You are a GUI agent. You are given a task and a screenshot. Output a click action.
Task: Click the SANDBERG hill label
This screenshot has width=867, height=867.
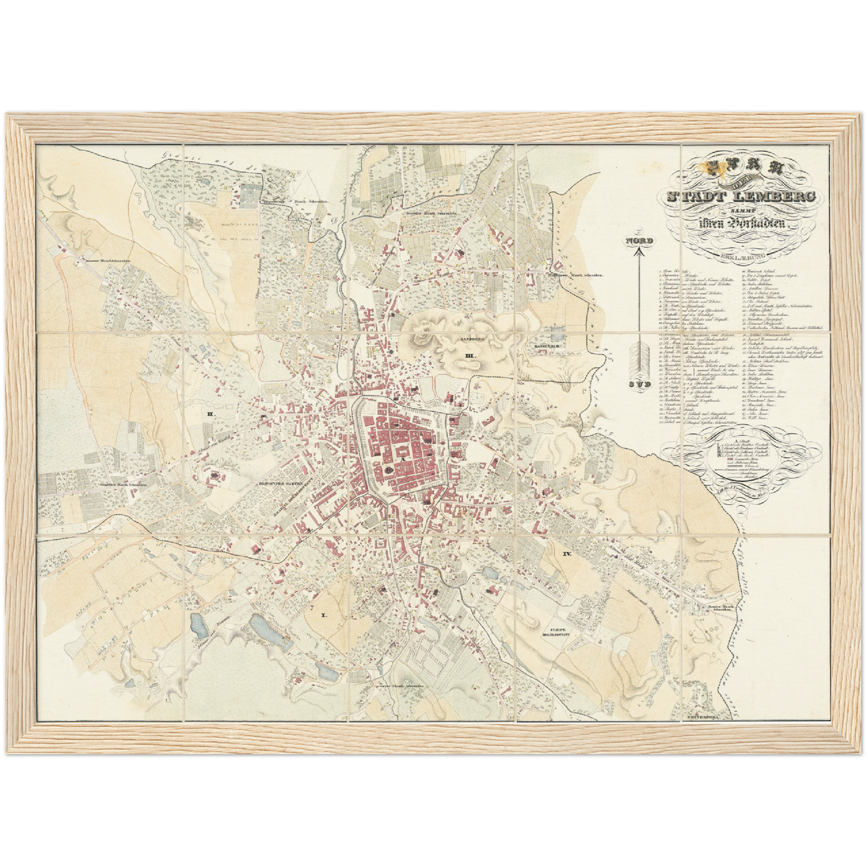click(x=472, y=339)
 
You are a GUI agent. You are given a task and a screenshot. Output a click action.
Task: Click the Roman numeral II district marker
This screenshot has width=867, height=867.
click(x=210, y=414)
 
